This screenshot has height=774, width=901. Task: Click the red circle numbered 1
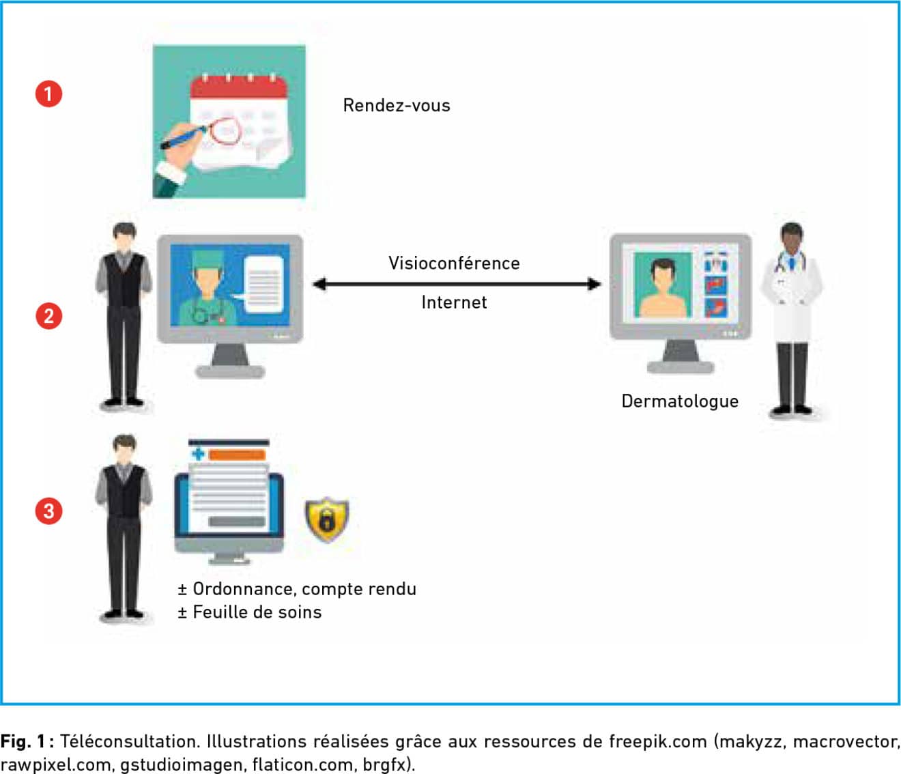pos(48,94)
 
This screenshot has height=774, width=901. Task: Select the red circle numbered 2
pos(48,316)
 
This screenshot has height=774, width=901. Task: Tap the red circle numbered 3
pos(48,511)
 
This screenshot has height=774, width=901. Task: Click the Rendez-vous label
pos(396,106)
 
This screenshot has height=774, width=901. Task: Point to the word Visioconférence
pos(454,263)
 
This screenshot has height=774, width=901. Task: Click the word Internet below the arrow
pos(454,302)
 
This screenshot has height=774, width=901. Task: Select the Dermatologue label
pos(679,401)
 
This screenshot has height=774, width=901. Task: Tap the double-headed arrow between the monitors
pos(456,284)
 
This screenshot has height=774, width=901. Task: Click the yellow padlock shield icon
pos(327,519)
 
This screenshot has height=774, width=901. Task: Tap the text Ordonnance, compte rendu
pos(304,589)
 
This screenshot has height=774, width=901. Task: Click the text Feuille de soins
pos(257,612)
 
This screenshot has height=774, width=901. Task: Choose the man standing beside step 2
pos(124,317)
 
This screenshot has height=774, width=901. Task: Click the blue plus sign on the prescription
pos(198,454)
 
